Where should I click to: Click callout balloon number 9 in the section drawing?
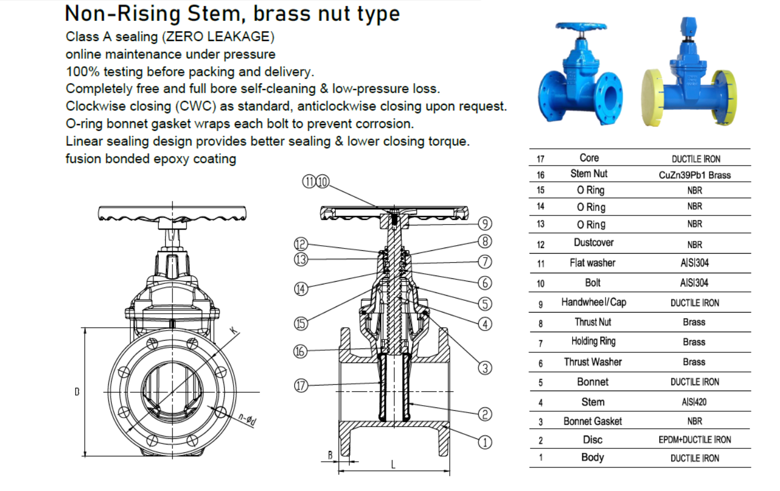click(x=485, y=223)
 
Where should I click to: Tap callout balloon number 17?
click(x=302, y=386)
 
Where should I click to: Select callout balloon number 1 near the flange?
click(x=485, y=442)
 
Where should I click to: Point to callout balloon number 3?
click(x=485, y=368)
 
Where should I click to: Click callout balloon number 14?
click(x=302, y=289)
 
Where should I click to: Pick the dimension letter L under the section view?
click(x=393, y=465)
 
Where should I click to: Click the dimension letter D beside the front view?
click(x=77, y=392)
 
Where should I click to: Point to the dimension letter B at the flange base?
click(x=330, y=455)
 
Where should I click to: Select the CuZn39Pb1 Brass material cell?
click(x=695, y=175)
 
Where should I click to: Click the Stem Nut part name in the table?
click(x=589, y=174)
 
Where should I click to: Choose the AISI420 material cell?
click(x=694, y=402)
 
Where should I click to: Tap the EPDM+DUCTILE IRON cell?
click(x=695, y=440)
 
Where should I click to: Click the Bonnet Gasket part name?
click(x=592, y=421)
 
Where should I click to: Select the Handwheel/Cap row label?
click(x=593, y=302)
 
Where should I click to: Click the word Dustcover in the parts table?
click(x=593, y=243)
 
